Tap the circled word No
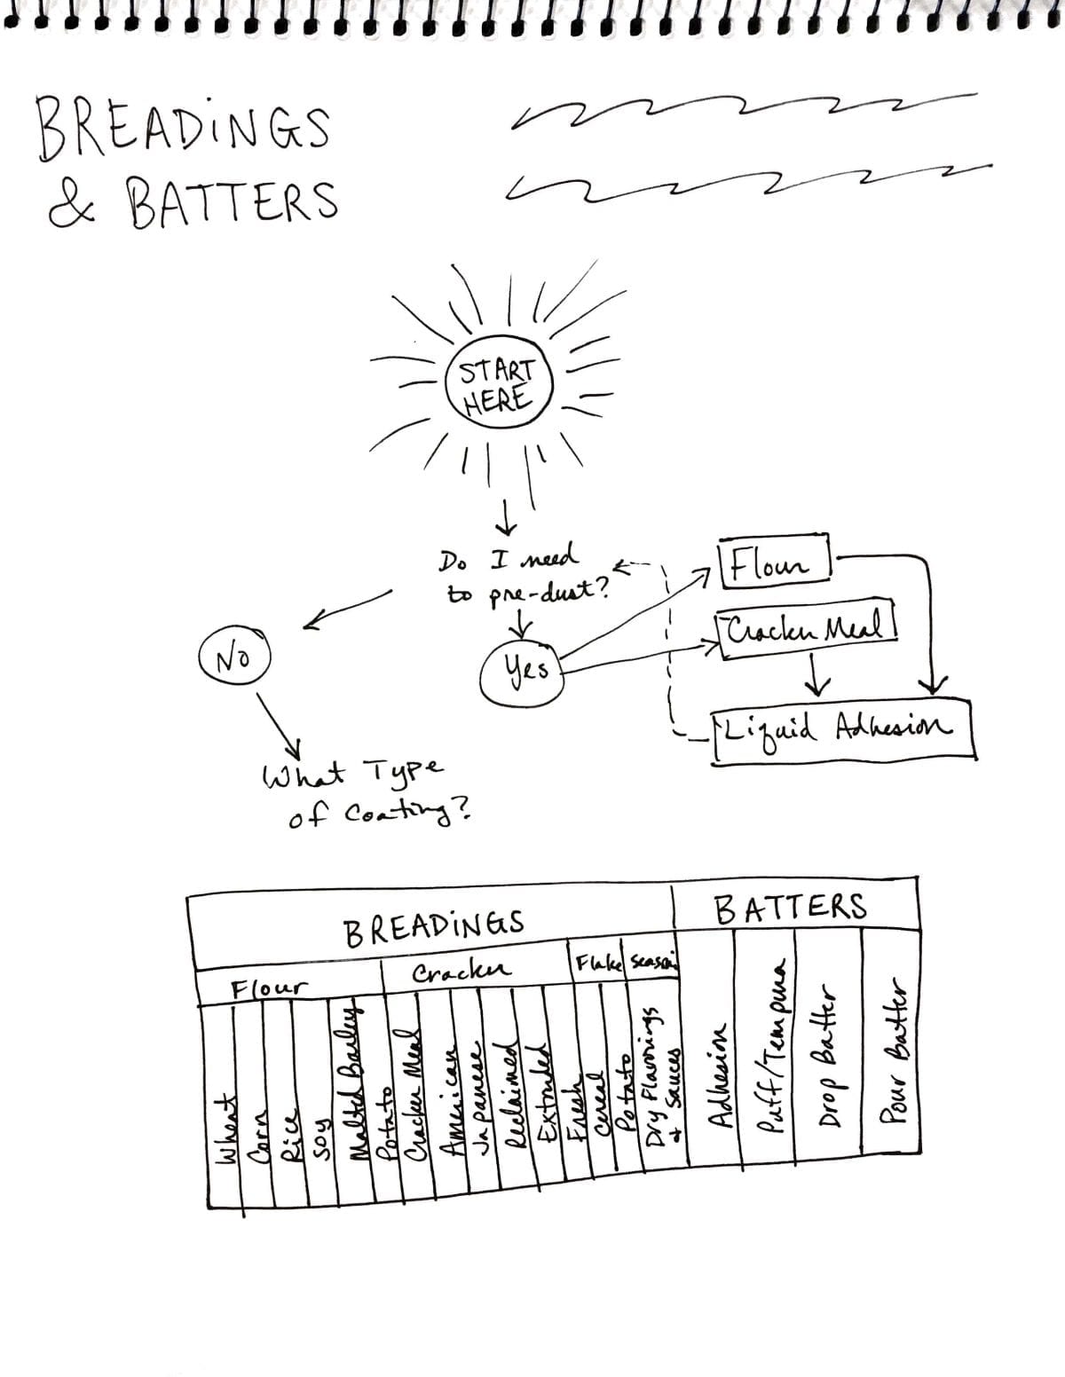(234, 657)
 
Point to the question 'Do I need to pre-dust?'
(524, 575)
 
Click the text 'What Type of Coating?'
(366, 791)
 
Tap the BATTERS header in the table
(789, 907)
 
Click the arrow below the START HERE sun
(506, 516)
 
